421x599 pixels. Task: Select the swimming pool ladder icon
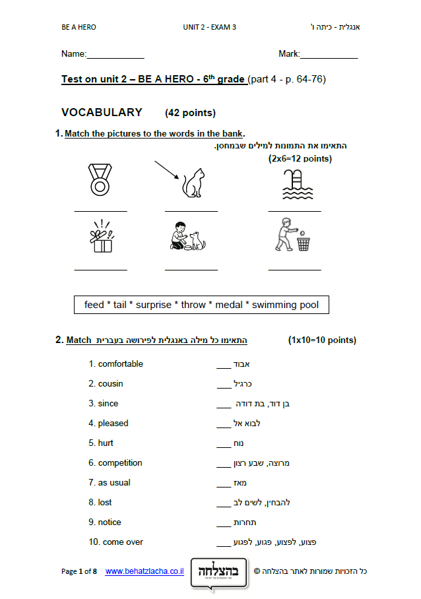pyautogui.click(x=295, y=183)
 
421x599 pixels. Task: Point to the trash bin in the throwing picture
pyautogui.click(x=304, y=243)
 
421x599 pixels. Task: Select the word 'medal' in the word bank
pyautogui.click(x=229, y=305)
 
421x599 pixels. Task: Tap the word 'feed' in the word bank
pyautogui.click(x=94, y=305)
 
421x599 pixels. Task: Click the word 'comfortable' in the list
pyautogui.click(x=120, y=364)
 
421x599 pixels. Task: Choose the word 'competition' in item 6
pyautogui.click(x=120, y=463)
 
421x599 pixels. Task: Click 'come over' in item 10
pyautogui.click(x=123, y=542)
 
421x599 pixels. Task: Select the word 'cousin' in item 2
pyautogui.click(x=110, y=384)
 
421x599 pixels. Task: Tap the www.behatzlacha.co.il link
pyautogui.click(x=145, y=571)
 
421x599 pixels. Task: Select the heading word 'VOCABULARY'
pyautogui.click(x=102, y=113)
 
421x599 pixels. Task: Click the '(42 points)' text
pyautogui.click(x=190, y=113)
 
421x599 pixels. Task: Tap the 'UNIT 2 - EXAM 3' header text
pyautogui.click(x=209, y=27)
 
